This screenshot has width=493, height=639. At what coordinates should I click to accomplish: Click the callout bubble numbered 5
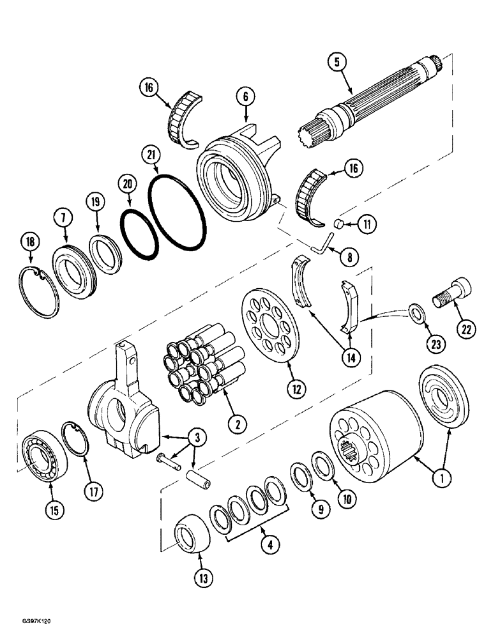(337, 63)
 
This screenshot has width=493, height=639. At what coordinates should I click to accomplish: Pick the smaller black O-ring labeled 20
(140, 234)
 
